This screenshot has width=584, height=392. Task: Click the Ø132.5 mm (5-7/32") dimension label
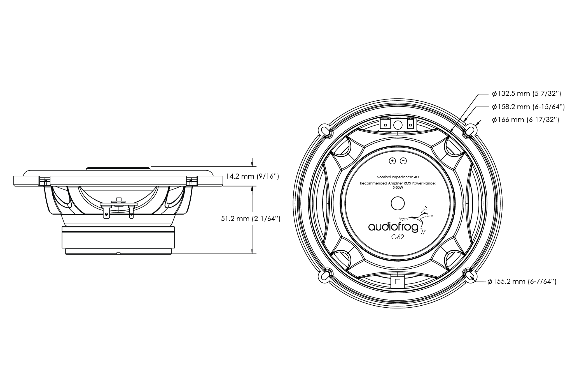tap(526, 94)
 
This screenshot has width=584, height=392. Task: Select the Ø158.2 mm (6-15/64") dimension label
tap(528, 107)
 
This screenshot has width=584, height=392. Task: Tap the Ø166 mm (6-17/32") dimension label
tap(525, 120)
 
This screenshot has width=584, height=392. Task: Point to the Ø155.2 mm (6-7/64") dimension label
tap(522, 282)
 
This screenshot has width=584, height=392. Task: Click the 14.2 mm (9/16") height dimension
tap(252, 177)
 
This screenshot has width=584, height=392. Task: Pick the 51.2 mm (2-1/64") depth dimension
tap(251, 219)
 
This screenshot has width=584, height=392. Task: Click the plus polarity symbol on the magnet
tap(392, 161)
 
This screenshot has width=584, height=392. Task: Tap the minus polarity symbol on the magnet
tap(403, 161)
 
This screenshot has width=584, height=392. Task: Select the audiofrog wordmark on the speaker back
tap(393, 227)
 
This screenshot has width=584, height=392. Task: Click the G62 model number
tap(398, 237)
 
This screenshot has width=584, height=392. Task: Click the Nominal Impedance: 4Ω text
tap(398, 177)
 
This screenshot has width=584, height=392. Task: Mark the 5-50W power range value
tap(398, 188)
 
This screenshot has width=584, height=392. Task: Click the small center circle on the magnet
tap(398, 203)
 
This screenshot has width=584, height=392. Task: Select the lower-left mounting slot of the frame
tap(325, 276)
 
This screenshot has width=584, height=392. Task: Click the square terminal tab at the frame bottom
tap(398, 282)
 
